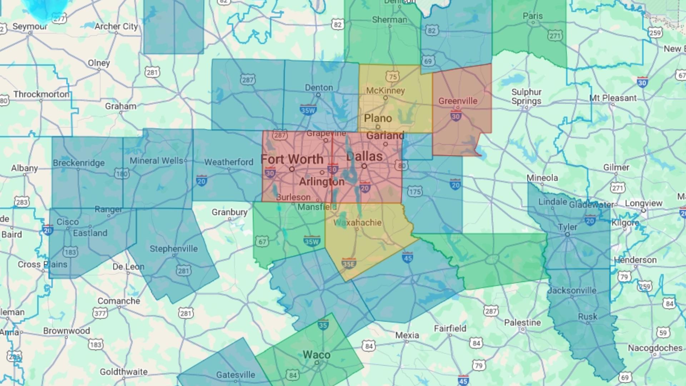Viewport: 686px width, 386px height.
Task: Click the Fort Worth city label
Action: click(292, 159)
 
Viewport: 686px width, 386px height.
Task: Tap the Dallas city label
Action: click(364, 156)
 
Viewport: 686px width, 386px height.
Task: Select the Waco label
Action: click(317, 355)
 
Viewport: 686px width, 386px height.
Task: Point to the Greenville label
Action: click(458, 101)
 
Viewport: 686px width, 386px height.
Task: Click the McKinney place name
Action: click(385, 91)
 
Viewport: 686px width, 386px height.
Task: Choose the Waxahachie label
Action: click(357, 223)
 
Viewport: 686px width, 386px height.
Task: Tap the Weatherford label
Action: click(229, 162)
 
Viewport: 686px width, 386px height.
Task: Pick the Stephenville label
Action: click(174, 249)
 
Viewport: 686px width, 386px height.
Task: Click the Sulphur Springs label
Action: click(526, 96)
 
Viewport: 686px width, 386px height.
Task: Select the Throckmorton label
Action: click(41, 94)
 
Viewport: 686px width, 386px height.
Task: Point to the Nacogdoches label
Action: click(655, 348)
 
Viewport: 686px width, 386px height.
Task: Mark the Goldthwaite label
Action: click(124, 372)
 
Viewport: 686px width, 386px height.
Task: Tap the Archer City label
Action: click(116, 26)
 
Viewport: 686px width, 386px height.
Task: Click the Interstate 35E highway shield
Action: click(348, 264)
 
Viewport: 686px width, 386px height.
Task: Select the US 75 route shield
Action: click(393, 76)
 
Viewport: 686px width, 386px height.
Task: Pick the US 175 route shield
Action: click(415, 192)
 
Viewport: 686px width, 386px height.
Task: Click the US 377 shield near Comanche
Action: click(100, 313)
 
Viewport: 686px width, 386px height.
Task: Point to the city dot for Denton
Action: click(318, 95)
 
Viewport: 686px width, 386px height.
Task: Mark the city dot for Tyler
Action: click(567, 234)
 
